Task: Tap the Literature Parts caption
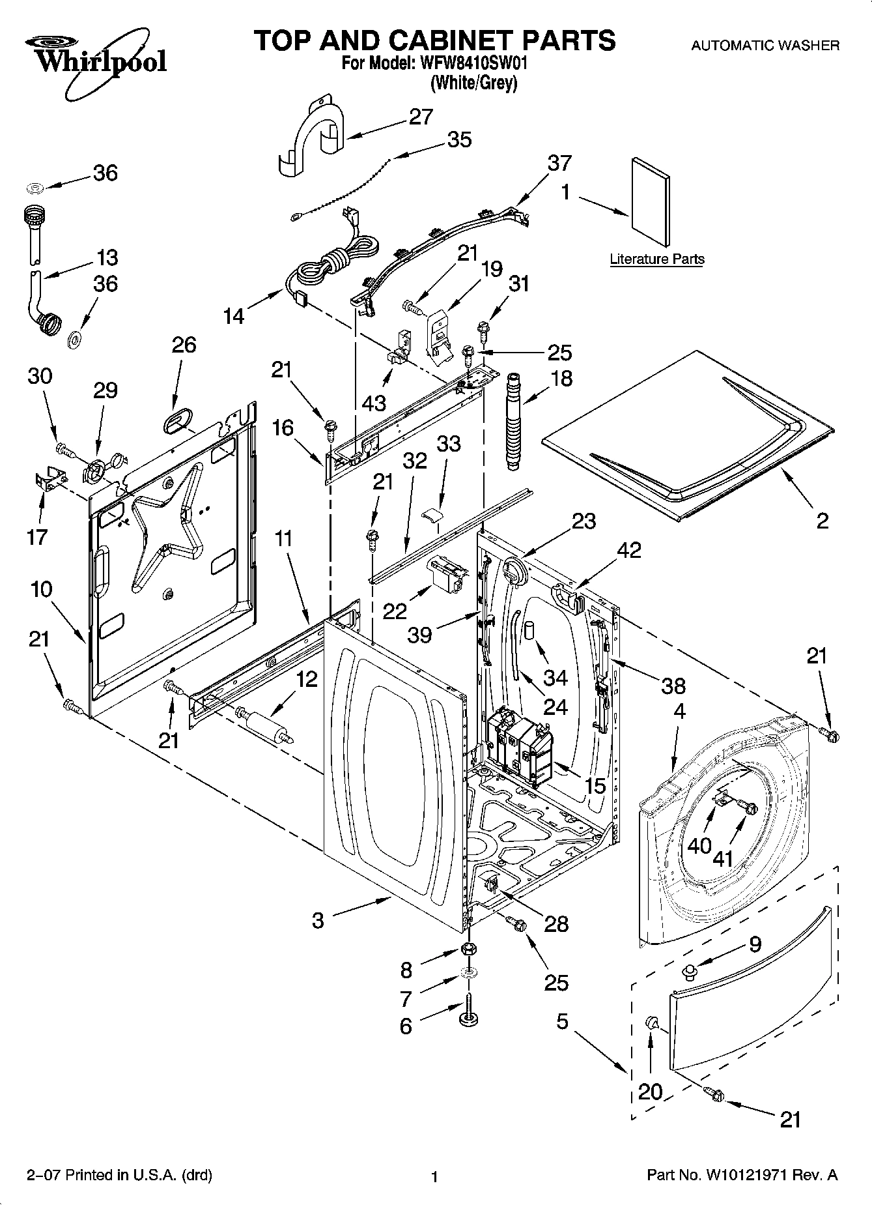point(656,259)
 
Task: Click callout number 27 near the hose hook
point(421,117)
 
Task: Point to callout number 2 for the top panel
point(822,520)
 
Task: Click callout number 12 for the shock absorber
point(306,679)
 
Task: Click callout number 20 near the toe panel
point(650,1091)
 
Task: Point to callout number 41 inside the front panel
point(723,858)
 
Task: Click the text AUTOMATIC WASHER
point(765,46)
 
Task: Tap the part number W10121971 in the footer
point(746,1175)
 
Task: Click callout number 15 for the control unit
point(595,786)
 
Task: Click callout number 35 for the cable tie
point(460,139)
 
